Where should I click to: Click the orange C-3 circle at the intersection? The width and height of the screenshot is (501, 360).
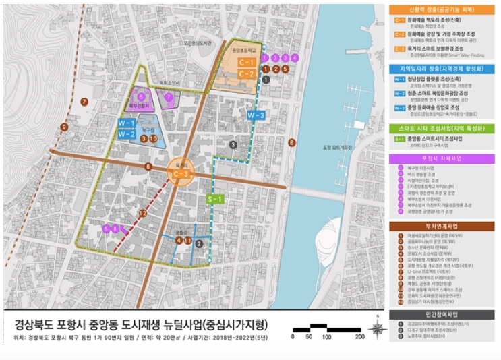(x=179, y=171)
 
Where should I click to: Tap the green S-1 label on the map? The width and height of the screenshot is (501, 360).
(x=215, y=199)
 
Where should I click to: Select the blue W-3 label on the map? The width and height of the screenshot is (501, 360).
(x=255, y=115)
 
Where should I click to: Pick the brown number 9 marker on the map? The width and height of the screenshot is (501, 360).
(x=64, y=127)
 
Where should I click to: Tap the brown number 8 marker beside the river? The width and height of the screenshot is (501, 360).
(x=292, y=142)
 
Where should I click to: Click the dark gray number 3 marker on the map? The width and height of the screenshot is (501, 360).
(x=233, y=144)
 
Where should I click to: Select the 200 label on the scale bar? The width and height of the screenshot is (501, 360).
(x=359, y=336)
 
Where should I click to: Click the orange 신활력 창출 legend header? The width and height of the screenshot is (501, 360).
(x=442, y=10)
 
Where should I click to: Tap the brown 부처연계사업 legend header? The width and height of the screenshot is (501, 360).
(x=442, y=227)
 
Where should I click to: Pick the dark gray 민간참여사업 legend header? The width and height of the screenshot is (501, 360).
(x=442, y=315)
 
